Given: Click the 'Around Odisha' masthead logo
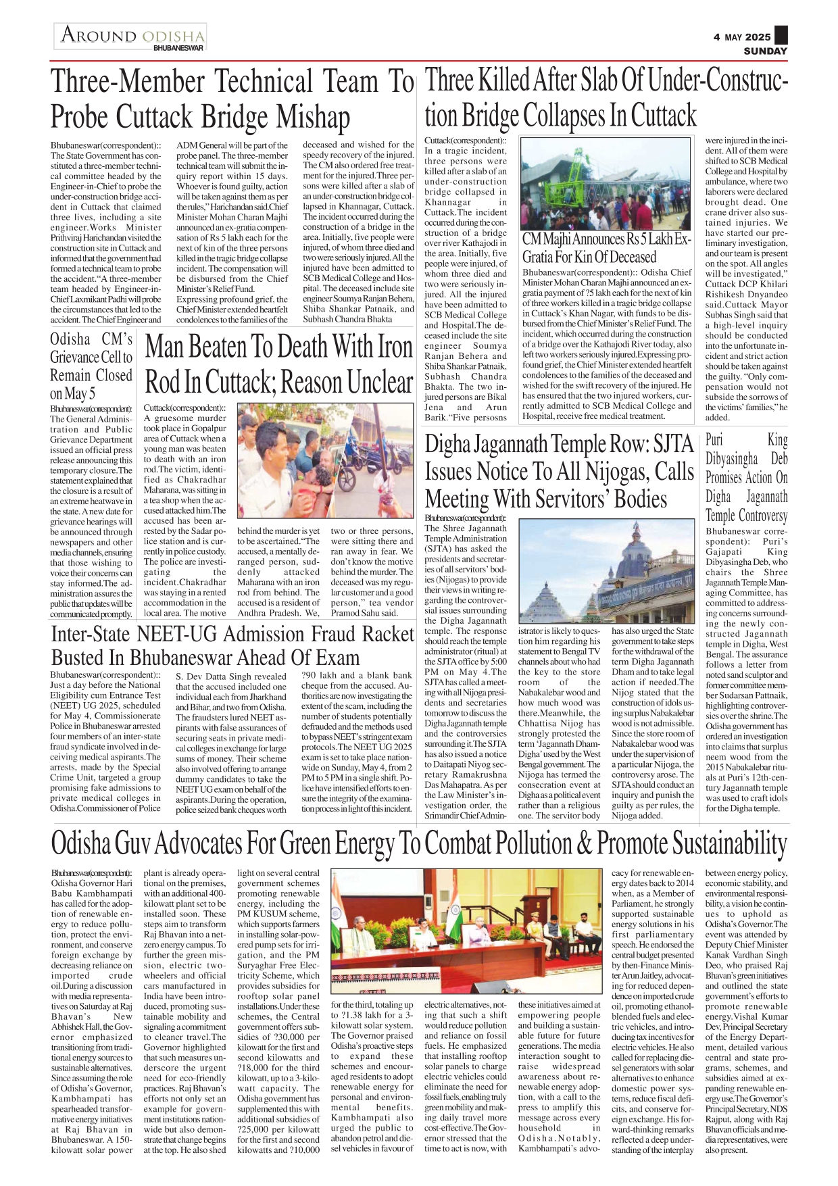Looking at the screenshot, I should click(132, 35).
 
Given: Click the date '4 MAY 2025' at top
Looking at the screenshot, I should click(741, 37).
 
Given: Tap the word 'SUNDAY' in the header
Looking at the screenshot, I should click(765, 51).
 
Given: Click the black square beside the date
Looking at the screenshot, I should click(781, 35).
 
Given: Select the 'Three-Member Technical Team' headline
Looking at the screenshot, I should click(232, 99).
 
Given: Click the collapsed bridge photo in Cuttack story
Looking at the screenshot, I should click(606, 183).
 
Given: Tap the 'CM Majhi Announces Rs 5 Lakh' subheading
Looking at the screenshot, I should click(606, 248).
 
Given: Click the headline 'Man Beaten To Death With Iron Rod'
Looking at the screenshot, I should click(278, 364).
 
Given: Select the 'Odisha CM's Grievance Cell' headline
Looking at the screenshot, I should click(91, 366).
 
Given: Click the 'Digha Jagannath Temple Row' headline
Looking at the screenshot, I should click(559, 472).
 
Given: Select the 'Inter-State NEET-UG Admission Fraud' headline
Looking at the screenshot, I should click(232, 645).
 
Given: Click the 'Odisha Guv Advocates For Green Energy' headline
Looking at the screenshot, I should click(419, 844).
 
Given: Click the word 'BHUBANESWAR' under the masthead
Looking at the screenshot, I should click(178, 49).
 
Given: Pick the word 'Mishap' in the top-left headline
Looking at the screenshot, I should click(313, 117).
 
